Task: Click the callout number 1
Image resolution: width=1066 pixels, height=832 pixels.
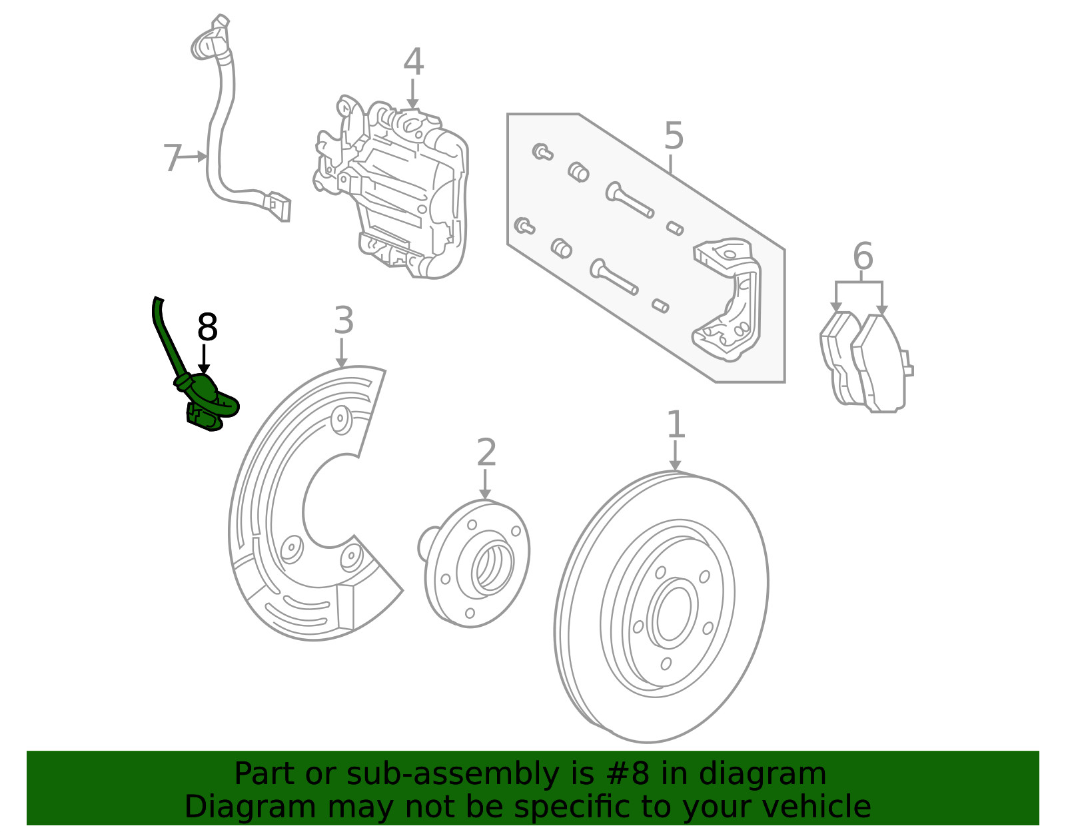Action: coord(676,424)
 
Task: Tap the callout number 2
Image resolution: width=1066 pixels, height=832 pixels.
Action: coord(486,452)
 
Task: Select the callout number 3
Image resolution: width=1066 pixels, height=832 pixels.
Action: coord(343,320)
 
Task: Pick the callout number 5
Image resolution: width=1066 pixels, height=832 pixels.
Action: coord(674,136)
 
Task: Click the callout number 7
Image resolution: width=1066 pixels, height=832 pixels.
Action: coord(172,157)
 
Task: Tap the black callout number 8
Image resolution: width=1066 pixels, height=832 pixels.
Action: coord(207,327)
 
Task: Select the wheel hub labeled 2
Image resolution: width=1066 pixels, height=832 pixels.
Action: coord(474,564)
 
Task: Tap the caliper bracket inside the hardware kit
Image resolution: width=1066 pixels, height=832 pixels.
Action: coord(727,300)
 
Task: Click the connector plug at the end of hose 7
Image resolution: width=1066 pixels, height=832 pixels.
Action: coord(278,206)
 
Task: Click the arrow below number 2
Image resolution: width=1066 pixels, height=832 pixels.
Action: coord(484,484)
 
